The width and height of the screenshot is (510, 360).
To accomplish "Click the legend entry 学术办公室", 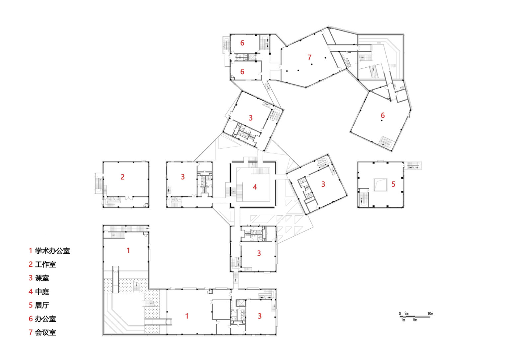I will (49, 251).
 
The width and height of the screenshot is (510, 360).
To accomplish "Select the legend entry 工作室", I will (42, 264).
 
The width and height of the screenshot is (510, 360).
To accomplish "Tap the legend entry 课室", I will (39, 278).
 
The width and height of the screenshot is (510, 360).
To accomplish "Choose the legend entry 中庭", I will (39, 292).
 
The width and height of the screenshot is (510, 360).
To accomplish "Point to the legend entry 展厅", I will (39, 305).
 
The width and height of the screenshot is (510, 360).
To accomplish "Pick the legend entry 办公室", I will (42, 319).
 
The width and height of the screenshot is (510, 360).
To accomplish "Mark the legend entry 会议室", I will (42, 332).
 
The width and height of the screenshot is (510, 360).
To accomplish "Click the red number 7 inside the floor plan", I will (309, 57).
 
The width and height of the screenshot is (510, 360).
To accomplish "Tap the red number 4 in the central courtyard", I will (255, 187).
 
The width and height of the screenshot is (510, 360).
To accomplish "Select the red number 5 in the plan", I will (393, 184).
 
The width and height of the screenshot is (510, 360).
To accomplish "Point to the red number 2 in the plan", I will (123, 177).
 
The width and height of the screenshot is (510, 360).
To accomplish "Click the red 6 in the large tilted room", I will (382, 115).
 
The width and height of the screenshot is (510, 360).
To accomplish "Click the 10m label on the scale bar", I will (430, 314).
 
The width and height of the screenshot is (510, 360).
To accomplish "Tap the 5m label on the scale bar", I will (415, 320).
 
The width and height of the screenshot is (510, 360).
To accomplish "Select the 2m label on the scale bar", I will (406, 314).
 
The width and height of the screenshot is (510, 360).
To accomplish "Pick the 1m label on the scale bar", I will (403, 320).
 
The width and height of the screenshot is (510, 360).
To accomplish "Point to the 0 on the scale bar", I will (400, 314).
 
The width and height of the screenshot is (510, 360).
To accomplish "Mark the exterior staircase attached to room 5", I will (413, 165).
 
